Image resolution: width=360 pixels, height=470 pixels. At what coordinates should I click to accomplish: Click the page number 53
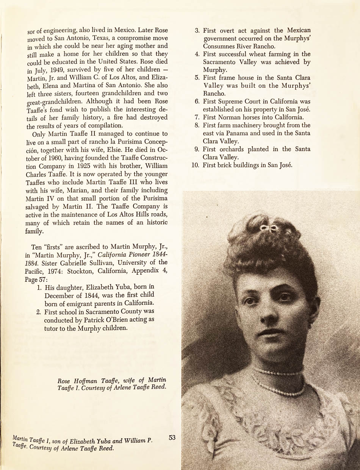click(172, 437)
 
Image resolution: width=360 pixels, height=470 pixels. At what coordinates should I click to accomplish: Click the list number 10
click(195, 165)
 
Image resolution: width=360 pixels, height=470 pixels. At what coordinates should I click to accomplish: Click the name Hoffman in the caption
click(86, 380)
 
